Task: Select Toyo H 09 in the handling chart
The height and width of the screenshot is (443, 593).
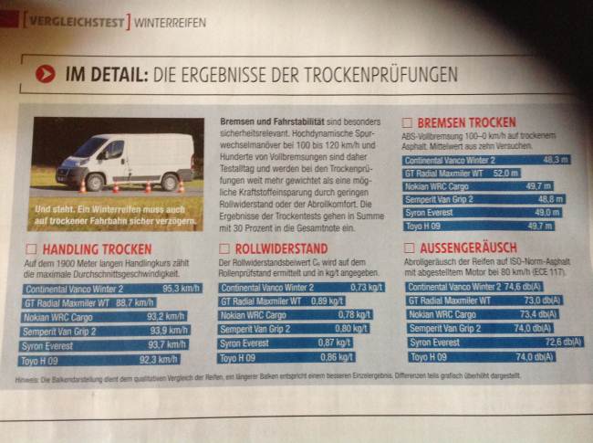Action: (45, 359)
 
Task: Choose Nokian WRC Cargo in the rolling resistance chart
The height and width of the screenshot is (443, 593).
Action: (261, 315)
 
